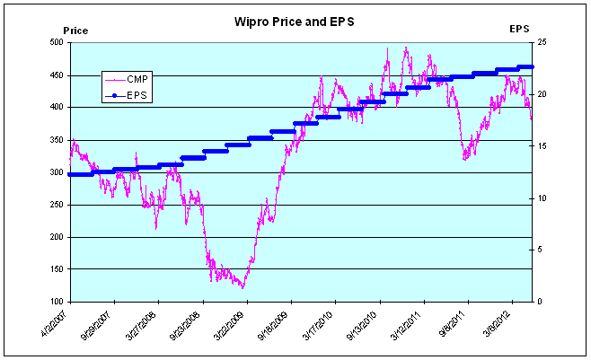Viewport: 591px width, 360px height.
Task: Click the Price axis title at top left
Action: (75, 30)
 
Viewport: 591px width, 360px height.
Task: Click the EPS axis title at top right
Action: (519, 29)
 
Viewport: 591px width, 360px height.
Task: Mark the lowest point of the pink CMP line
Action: (242, 287)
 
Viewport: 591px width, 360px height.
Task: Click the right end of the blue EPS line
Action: (533, 66)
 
